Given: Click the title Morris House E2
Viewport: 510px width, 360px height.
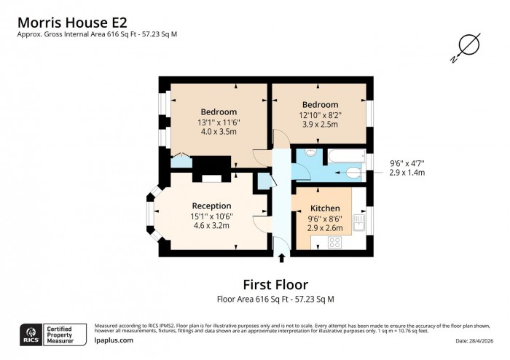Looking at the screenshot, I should click(x=73, y=20).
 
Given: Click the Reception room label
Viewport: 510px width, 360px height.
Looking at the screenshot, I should click(x=211, y=206).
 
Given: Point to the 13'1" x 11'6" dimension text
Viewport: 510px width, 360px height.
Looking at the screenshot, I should click(x=219, y=122).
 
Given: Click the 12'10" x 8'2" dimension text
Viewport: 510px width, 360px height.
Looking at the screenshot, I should click(x=320, y=114).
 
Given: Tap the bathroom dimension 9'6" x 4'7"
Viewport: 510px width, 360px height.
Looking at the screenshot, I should click(x=407, y=163).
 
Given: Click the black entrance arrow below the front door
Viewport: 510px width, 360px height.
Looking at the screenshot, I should click(x=282, y=257).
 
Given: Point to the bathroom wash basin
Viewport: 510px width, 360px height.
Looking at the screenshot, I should click(x=310, y=153).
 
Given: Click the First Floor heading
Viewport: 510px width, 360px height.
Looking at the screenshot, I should click(x=275, y=284).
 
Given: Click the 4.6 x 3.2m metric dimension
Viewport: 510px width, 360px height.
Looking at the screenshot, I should click(x=211, y=226).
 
